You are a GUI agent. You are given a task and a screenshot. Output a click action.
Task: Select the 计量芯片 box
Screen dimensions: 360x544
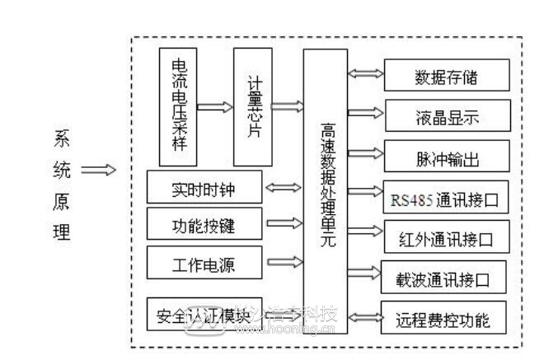(x=252, y=106)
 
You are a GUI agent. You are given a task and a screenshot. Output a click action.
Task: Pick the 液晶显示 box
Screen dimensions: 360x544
(x=446, y=116)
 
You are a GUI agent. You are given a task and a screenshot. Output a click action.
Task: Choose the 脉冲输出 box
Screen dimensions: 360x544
(x=446, y=157)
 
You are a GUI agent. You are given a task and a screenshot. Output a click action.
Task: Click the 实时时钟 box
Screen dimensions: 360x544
(x=204, y=187)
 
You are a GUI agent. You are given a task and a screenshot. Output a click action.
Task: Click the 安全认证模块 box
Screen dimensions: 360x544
(x=204, y=314)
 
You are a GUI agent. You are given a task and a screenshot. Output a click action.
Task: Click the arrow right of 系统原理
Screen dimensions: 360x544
(x=98, y=171)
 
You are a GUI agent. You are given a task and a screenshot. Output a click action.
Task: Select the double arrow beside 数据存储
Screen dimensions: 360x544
(x=365, y=74)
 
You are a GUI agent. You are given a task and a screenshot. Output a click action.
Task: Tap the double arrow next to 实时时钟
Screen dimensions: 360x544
(x=283, y=188)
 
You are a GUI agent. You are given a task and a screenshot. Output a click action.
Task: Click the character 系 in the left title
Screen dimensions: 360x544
(x=62, y=139)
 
